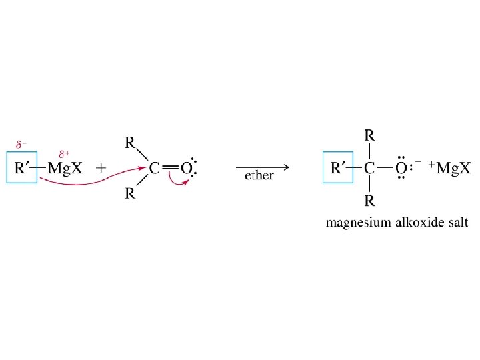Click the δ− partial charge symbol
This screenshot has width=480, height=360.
click(22, 143)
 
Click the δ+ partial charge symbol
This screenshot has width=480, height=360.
click(65, 153)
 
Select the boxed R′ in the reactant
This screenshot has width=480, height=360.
click(25, 168)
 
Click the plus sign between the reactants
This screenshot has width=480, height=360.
click(101, 168)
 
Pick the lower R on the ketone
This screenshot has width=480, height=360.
click(131, 195)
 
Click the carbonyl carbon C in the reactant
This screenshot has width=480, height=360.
click(154, 168)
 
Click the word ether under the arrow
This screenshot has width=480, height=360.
click(259, 176)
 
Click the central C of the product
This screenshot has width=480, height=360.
click(369, 168)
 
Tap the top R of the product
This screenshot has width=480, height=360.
click(369, 135)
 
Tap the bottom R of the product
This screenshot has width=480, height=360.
click(369, 201)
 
